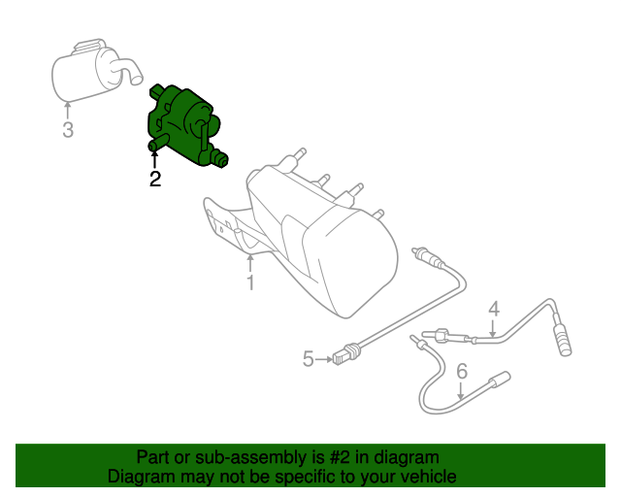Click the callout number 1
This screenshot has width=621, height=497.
(x=250, y=282)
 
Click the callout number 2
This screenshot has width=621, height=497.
(x=154, y=179)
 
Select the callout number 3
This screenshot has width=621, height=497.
(x=68, y=129)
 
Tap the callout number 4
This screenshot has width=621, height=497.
(x=493, y=309)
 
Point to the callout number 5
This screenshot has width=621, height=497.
(x=309, y=360)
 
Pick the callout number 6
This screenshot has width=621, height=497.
(x=462, y=370)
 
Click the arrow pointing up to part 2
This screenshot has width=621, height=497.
(x=154, y=157)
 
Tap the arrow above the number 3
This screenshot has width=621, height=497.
(x=68, y=109)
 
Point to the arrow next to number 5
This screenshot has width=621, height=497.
(x=324, y=360)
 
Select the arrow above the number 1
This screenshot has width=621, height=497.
(x=250, y=262)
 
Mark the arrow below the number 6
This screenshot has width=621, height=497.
(x=462, y=388)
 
